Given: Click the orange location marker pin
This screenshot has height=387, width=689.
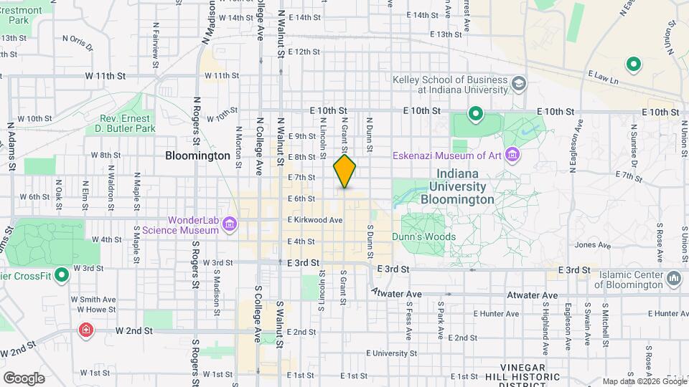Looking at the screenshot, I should point(344,171).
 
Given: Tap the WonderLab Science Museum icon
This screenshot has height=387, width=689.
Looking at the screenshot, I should point(230,225).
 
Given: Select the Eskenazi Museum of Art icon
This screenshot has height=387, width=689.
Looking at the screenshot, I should point(512,154).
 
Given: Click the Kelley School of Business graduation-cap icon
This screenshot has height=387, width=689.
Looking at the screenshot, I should point(517,85).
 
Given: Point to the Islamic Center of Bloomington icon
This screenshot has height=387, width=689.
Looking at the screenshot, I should point(673,277).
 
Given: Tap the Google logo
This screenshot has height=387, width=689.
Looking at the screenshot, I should point(24,378).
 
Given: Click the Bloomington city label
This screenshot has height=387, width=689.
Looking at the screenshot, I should point(197,155).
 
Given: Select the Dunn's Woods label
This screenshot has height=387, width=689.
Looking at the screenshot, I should point(423,236).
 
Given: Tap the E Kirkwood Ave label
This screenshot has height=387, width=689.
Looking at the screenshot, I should point(315,220).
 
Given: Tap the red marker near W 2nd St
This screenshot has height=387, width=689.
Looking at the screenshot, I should point(85,330).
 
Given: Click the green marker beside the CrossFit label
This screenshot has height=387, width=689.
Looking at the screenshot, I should point(62,274).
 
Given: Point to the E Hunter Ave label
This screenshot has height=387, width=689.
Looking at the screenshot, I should point(496,314).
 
